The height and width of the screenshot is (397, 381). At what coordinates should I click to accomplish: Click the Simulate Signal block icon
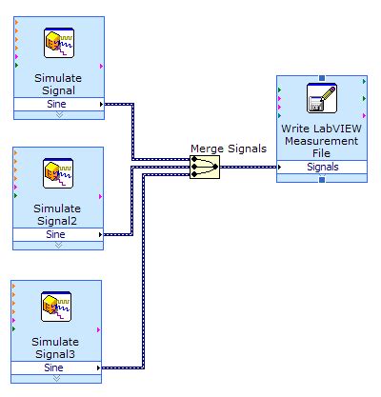click(58, 45)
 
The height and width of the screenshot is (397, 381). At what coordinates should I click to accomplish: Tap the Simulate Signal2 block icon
click(58, 175)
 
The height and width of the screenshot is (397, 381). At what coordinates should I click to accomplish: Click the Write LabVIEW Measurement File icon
click(321, 98)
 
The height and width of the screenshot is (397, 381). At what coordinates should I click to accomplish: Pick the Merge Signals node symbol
click(204, 167)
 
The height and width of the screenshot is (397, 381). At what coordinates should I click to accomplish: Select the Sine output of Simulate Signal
click(58, 103)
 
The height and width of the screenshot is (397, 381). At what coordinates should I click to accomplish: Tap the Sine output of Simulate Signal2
click(58, 233)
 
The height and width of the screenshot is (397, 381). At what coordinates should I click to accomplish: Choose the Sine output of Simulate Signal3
click(58, 367)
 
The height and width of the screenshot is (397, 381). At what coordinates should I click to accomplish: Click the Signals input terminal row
click(321, 167)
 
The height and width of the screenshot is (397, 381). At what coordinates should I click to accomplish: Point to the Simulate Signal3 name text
click(58, 347)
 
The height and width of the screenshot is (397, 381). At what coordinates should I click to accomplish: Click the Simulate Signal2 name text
click(58, 214)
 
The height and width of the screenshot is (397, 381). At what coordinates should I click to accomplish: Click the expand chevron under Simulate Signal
click(58, 113)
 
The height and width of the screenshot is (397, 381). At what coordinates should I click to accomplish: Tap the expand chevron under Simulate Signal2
click(58, 244)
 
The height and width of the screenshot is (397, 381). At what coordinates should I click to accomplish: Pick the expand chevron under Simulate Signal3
click(58, 378)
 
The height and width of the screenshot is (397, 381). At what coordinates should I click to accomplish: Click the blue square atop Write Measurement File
click(322, 78)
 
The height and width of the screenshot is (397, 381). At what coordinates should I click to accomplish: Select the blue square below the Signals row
click(322, 178)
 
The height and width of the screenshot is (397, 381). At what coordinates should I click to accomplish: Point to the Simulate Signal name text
click(58, 84)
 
